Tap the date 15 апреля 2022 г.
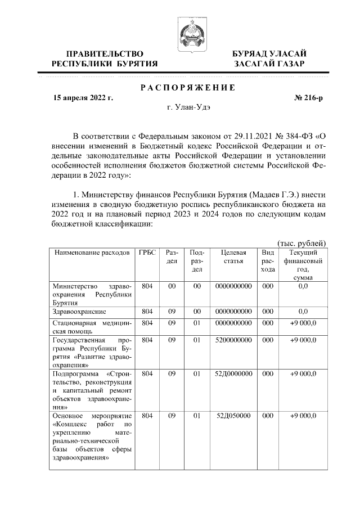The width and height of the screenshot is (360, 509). click(x=83, y=98)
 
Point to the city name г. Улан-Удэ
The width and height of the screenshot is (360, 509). click(x=187, y=107)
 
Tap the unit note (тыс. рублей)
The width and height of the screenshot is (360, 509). click(x=303, y=242)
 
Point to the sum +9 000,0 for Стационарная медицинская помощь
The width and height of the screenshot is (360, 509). click(x=303, y=323)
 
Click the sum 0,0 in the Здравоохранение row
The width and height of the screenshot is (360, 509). click(x=303, y=310)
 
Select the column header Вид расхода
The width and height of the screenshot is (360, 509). click(x=268, y=261)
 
